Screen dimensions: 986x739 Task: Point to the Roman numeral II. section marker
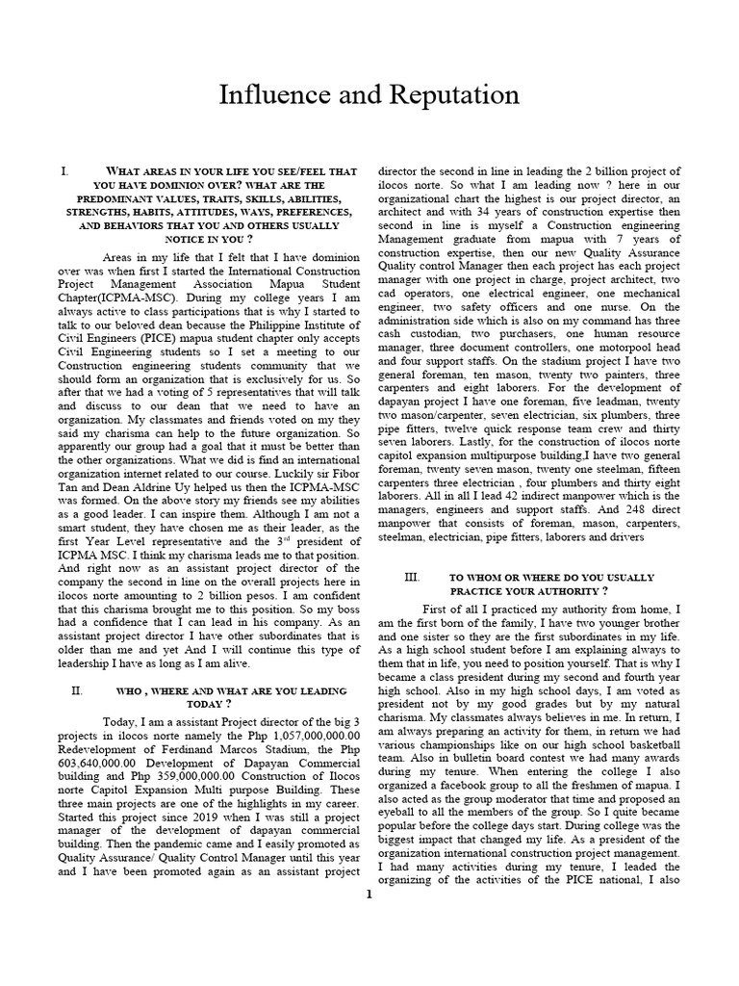coord(78,691)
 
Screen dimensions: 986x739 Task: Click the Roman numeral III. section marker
coord(412,577)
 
